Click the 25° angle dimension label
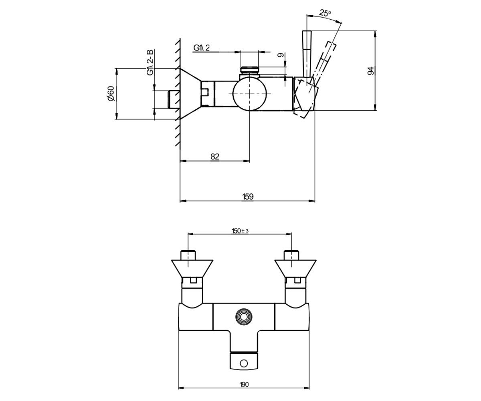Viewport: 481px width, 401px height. pyautogui.click(x=325, y=13)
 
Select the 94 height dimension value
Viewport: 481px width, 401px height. pyautogui.click(x=371, y=71)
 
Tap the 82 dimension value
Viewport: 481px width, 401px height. pyautogui.click(x=215, y=156)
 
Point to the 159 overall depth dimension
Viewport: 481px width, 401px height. pyautogui.click(x=248, y=196)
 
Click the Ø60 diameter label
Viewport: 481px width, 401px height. pyautogui.click(x=111, y=93)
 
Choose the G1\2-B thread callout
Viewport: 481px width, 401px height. pyautogui.click(x=150, y=62)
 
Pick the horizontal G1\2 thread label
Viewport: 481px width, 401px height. pyautogui.click(x=202, y=48)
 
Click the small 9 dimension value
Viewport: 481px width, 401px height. pyautogui.click(x=280, y=55)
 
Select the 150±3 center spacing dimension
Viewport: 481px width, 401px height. pyautogui.click(x=240, y=231)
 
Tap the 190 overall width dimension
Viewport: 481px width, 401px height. pyautogui.click(x=244, y=385)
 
